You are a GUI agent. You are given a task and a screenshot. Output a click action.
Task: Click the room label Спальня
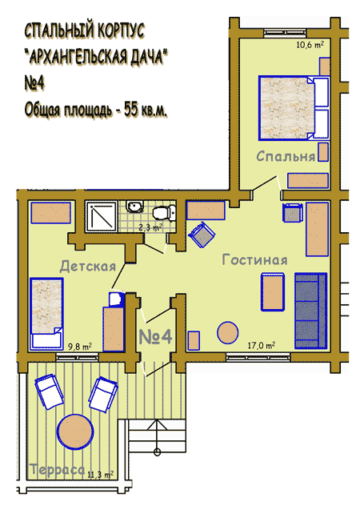[x=286, y=157]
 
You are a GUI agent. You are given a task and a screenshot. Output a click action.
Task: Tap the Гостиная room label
[x=254, y=260]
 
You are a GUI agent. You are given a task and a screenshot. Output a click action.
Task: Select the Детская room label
[x=88, y=267]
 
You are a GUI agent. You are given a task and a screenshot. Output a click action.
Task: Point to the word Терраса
[x=57, y=470]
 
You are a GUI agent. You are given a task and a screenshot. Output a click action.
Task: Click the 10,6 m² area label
[x=310, y=45]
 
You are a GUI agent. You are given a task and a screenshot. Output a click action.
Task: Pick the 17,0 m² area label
[x=262, y=345]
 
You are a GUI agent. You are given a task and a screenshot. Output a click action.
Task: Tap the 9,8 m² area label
[x=80, y=347]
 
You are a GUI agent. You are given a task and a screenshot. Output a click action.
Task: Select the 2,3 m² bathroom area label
[x=150, y=227]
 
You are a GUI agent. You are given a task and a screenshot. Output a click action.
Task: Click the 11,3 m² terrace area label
[x=100, y=475]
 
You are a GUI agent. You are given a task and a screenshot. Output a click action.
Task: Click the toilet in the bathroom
[x=164, y=213]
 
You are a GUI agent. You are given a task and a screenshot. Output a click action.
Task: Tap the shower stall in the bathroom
[x=102, y=216]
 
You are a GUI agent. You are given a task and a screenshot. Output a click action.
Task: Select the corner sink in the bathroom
[x=135, y=207]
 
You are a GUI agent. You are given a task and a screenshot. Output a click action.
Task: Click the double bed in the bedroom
[x=294, y=108]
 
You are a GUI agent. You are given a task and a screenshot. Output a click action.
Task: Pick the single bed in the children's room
[x=46, y=314]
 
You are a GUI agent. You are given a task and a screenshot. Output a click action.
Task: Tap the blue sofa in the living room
[x=310, y=311]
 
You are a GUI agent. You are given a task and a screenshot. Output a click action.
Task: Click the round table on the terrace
[x=75, y=432]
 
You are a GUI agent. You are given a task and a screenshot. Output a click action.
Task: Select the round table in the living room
[x=227, y=332]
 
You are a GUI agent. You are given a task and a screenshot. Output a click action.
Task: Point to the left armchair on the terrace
[x=49, y=392]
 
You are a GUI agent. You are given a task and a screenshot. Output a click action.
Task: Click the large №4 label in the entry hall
[x=155, y=336]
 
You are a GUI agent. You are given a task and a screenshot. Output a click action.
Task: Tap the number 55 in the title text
[x=130, y=110]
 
